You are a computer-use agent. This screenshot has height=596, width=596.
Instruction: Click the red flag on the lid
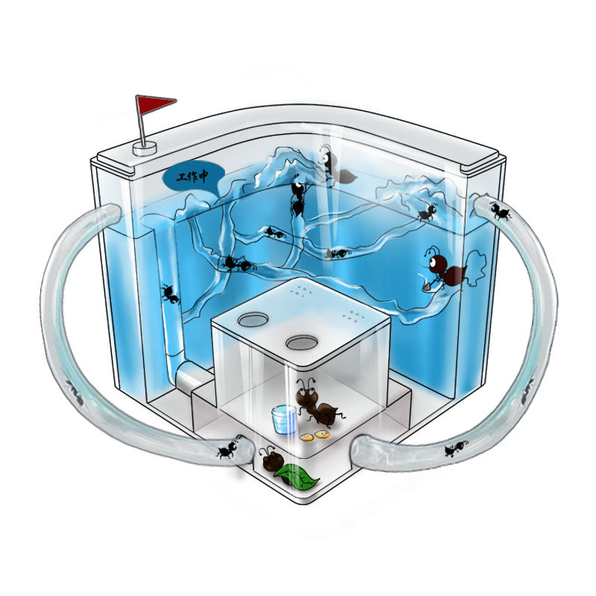tap(153, 106)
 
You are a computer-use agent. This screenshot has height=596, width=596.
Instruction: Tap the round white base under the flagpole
tap(144, 148)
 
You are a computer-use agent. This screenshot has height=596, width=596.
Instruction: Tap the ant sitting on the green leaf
tap(270, 460)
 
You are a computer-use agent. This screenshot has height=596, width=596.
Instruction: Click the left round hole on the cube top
tap(254, 319)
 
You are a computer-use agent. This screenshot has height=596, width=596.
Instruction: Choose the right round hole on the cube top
tap(302, 343)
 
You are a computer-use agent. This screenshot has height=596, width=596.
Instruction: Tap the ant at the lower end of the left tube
tap(228, 448)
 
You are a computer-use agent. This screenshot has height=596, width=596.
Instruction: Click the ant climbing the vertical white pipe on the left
tap(171, 295)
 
